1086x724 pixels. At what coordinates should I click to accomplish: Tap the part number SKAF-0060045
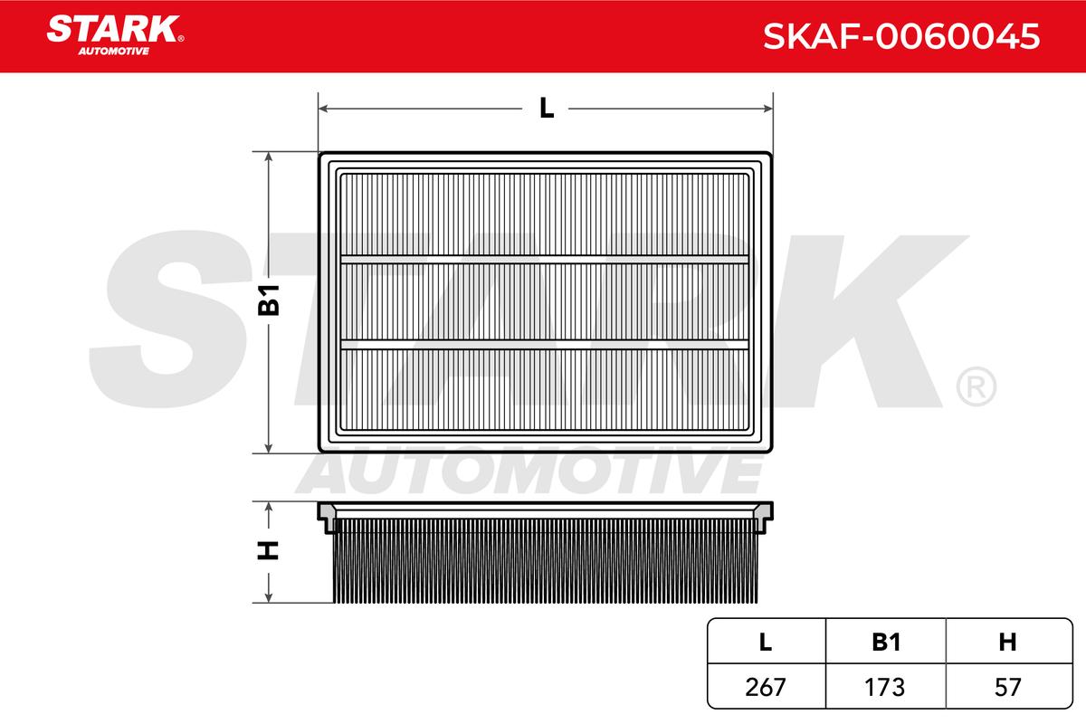point(901,36)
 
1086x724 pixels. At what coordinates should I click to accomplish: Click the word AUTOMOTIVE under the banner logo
point(114,52)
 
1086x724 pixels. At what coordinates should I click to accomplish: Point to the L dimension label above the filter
point(547,108)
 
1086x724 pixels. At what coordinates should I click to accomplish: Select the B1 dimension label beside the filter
point(269,300)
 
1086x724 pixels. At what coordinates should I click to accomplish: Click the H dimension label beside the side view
point(268,550)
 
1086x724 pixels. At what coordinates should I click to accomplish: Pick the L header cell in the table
point(766,642)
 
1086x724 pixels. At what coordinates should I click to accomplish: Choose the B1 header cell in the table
point(886,642)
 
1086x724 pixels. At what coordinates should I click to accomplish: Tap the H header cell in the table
point(1007,642)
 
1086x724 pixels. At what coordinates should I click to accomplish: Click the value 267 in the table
point(766,687)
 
